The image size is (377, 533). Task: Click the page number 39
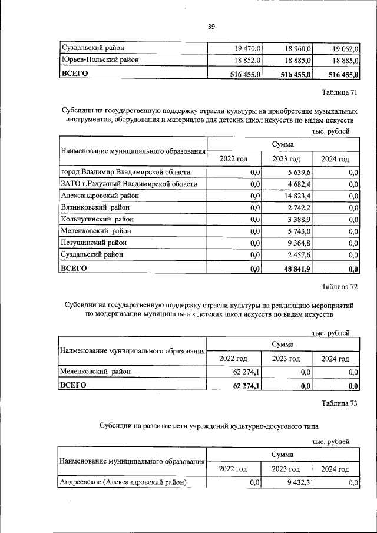click(211, 26)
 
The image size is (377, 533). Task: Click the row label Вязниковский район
click(95, 207)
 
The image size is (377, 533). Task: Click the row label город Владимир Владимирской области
click(125, 173)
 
